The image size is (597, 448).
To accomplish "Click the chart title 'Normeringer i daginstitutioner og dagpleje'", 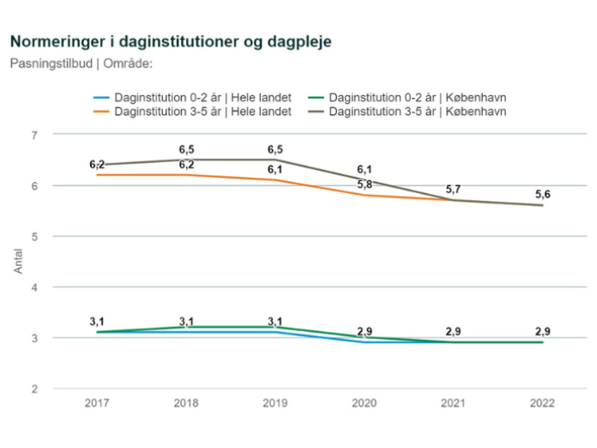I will [x=169, y=41].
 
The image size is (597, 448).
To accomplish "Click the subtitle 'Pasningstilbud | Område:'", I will [x=81, y=62].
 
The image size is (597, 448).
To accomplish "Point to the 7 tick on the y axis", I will [x=34, y=135].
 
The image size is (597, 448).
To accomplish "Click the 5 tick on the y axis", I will [x=34, y=236].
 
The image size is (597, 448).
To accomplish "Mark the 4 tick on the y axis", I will [x=34, y=287].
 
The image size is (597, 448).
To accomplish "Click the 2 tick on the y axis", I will [x=34, y=389].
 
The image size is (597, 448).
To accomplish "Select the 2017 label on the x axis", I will [x=97, y=403].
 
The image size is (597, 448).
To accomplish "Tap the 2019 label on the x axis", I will [x=275, y=403].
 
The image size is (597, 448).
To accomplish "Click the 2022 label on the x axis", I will [x=542, y=403].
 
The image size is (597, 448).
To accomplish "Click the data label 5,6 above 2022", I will [x=542, y=195].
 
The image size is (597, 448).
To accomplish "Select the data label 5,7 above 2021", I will [x=453, y=190].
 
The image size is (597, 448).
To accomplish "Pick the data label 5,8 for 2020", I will [x=365, y=185].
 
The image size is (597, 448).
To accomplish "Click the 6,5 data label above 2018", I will [x=186, y=149].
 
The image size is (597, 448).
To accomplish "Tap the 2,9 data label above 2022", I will [x=542, y=331].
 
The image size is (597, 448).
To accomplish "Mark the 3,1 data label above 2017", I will [x=97, y=322].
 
